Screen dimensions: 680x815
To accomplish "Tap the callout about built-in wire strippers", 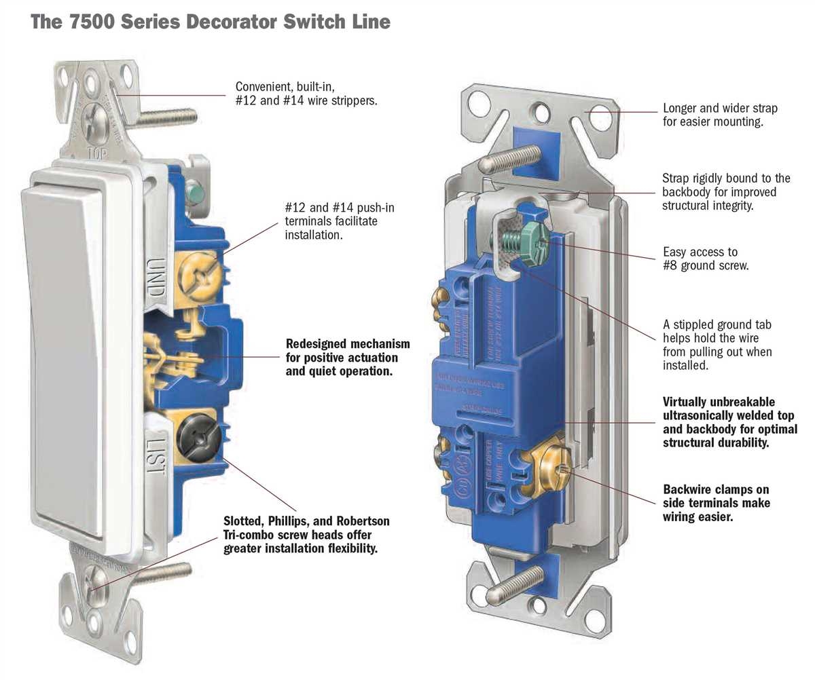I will (306, 94).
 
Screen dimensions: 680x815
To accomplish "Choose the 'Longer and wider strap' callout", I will (720, 115).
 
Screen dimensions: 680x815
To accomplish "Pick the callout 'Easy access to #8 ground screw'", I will (706, 259).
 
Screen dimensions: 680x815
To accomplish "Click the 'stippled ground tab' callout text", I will (717, 345).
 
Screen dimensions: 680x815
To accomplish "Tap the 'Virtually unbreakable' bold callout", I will (729, 422).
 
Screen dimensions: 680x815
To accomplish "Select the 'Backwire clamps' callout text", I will (716, 503).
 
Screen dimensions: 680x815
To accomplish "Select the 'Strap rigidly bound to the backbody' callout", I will (726, 191).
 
